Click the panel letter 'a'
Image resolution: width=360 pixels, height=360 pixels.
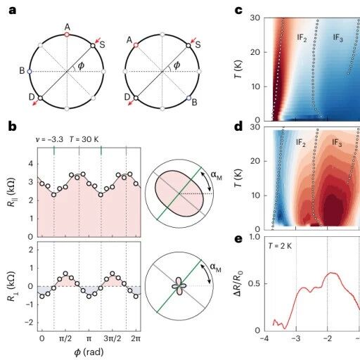12,11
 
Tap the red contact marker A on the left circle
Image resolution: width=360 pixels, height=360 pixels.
67,34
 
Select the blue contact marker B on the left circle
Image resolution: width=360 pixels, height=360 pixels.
30,71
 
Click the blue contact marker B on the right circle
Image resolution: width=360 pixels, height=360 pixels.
188,98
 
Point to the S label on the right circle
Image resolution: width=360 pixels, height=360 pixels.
198,44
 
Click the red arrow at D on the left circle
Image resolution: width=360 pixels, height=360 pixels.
35,103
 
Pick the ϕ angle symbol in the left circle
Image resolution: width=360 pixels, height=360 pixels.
81,66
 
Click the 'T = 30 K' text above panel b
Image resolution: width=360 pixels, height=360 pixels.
84,139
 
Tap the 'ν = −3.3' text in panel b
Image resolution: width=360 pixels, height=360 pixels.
49,139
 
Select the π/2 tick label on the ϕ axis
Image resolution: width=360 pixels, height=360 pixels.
65,339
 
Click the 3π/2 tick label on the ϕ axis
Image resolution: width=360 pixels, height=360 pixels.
112,339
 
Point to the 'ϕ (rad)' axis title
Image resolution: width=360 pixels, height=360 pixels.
89,352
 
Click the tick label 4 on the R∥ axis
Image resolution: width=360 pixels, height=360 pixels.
31,164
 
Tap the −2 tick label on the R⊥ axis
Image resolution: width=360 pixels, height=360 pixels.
29,323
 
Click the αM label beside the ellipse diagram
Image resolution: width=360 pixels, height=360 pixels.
216,175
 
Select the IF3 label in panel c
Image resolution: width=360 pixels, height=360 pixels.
337,37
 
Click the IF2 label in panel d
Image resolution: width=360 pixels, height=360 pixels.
301,143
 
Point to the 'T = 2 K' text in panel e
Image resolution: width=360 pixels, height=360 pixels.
280,246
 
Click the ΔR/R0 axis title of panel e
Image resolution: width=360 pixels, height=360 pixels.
239,283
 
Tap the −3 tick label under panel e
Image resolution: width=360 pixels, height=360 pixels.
296,339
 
